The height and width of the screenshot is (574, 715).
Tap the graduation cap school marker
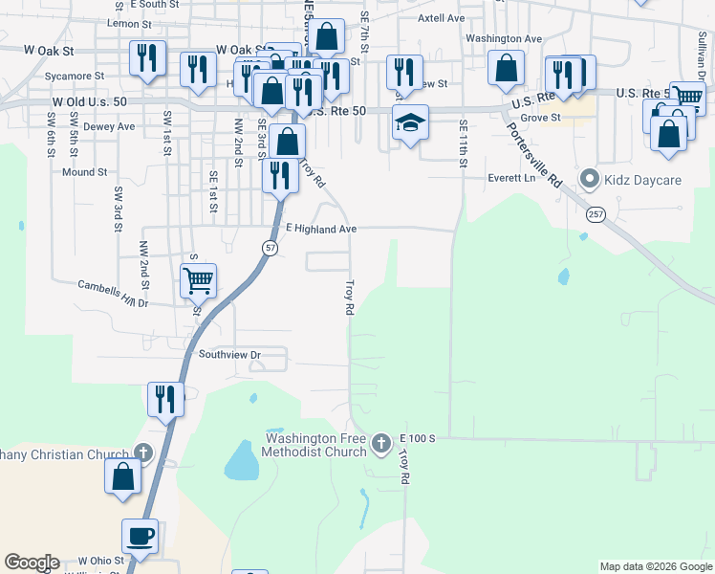tap(410, 122)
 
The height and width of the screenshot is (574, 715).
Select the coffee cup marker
tap(141, 537)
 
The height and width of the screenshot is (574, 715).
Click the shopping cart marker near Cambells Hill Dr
tap(198, 281)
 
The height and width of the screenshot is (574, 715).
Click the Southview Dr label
tap(229, 354)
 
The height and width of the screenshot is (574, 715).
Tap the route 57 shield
tap(271, 248)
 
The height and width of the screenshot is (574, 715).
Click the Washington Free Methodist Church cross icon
tap(381, 442)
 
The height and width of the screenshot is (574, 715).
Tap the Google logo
tap(32, 563)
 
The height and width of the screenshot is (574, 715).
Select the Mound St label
tap(84, 172)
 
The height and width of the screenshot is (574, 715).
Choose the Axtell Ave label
tap(442, 18)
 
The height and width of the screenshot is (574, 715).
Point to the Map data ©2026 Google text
tap(656, 566)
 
